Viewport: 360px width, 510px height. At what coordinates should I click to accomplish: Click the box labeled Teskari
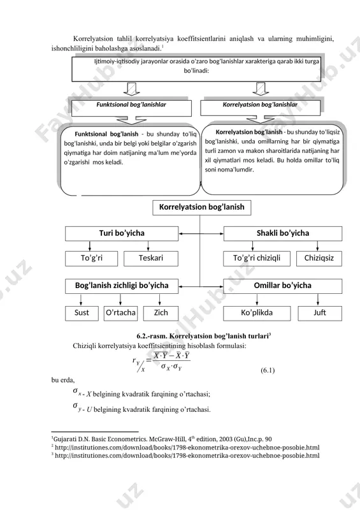151,259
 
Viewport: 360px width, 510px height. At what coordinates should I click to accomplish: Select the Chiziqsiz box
319,259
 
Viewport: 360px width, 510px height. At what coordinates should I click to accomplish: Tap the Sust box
82,313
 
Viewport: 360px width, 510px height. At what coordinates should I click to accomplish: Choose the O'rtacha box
120,313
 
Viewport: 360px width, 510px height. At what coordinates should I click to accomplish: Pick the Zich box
161,313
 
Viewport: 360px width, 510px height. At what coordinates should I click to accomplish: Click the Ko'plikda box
257,313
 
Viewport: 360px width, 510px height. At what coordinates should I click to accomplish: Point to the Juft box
320,313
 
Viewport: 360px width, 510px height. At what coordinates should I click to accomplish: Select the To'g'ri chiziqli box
257,259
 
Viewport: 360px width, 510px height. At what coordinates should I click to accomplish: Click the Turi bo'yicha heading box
122,233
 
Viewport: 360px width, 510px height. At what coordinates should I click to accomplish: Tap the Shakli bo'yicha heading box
283,233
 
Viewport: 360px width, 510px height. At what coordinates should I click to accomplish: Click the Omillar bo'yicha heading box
283,286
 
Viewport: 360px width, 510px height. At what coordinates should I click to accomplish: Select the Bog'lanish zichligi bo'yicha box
122,286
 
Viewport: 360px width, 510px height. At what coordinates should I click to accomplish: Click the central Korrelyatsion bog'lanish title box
201,208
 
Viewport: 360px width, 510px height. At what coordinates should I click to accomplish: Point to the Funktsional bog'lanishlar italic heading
131,105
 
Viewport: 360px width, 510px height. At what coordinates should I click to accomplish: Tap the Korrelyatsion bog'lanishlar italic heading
260,105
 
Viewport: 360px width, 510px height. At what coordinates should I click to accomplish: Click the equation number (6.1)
268,370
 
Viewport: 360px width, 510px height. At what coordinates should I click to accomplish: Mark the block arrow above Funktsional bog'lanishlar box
131,89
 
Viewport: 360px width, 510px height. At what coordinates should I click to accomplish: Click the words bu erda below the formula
63,380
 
